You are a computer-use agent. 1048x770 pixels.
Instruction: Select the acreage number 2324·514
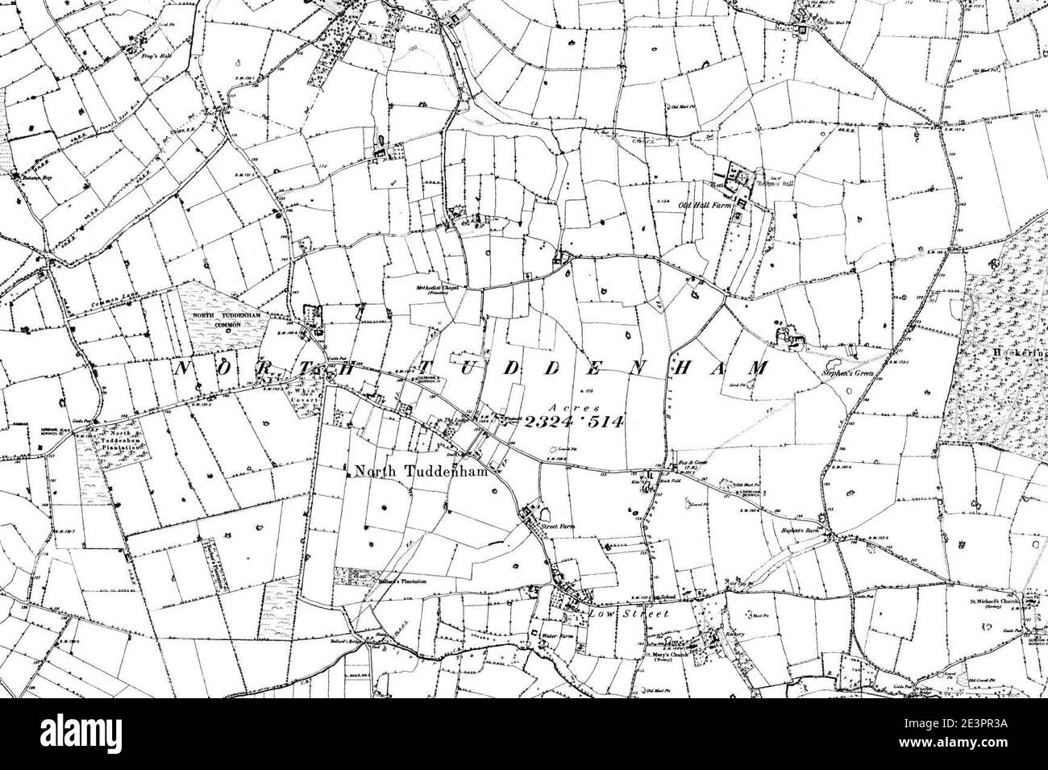(x=573, y=422)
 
